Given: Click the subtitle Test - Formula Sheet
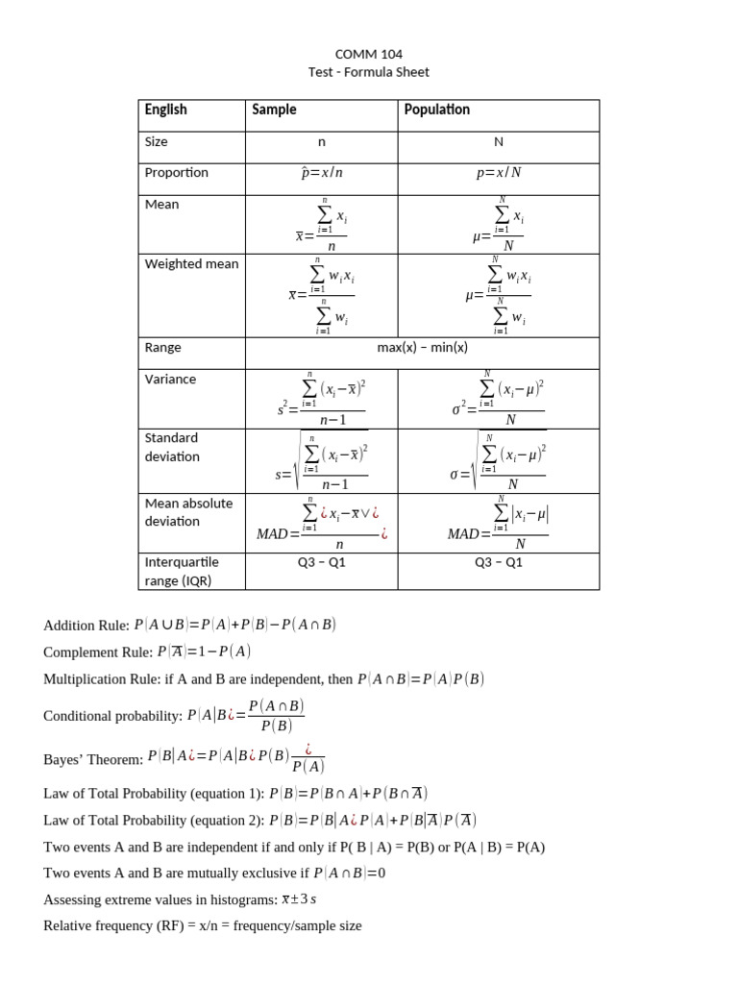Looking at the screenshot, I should pyautogui.click(x=369, y=72).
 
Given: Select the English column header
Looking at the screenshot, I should pyautogui.click(x=166, y=110).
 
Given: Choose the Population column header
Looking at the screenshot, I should pyautogui.click(x=437, y=110).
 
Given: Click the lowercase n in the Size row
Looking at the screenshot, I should pyautogui.click(x=322, y=142).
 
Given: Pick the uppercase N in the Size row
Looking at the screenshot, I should pyautogui.click(x=499, y=142).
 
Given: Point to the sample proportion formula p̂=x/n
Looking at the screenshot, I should pyautogui.click(x=322, y=173).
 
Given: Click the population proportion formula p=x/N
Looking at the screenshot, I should pyautogui.click(x=499, y=173).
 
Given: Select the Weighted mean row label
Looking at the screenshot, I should pyautogui.click(x=191, y=264).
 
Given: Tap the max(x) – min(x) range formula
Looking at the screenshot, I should pyautogui.click(x=422, y=348).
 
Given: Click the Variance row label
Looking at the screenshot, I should pyautogui.click(x=170, y=380).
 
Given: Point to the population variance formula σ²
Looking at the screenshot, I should pyautogui.click(x=498, y=400).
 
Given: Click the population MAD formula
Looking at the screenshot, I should pyautogui.click(x=498, y=524).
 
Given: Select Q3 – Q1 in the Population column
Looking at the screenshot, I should pyautogui.click(x=499, y=562).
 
